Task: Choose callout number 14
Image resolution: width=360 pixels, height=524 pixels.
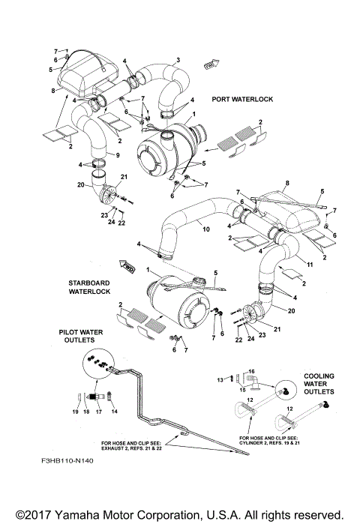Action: tap(115, 412)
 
